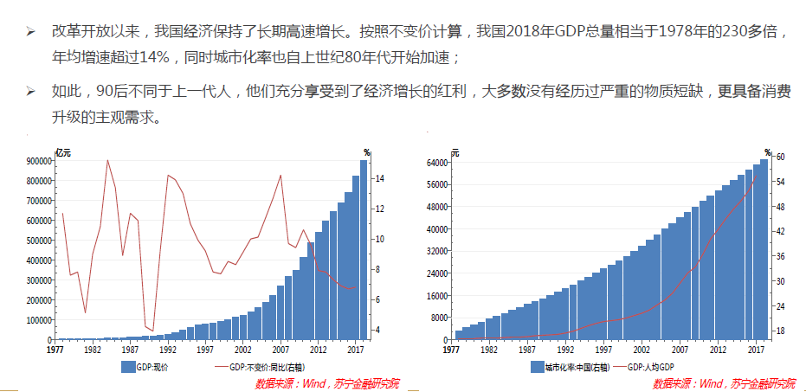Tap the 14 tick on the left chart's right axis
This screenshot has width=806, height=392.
click(380, 178)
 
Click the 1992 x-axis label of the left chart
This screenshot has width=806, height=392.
click(169, 350)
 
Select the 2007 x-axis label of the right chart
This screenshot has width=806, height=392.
click(679, 350)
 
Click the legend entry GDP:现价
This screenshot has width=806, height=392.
click(150, 367)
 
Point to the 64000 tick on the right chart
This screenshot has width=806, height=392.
click(435, 163)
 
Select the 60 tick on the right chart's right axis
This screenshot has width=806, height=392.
click(780, 157)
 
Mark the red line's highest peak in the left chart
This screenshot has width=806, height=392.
click(107, 160)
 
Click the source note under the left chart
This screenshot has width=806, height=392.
click(327, 383)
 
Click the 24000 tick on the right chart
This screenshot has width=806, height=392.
click(435, 273)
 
